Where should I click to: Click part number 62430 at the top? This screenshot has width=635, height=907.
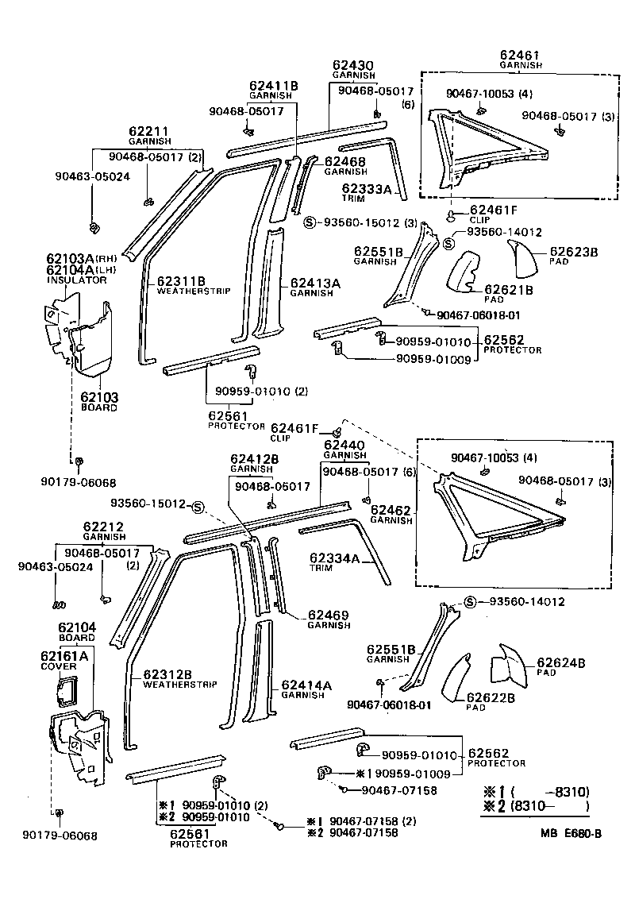[353, 65]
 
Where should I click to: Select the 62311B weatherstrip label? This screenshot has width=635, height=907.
[181, 281]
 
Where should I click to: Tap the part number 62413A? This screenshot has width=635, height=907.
[315, 282]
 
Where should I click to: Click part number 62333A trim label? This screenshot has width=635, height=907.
[367, 189]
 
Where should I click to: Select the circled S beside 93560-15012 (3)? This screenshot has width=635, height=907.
[310, 222]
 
